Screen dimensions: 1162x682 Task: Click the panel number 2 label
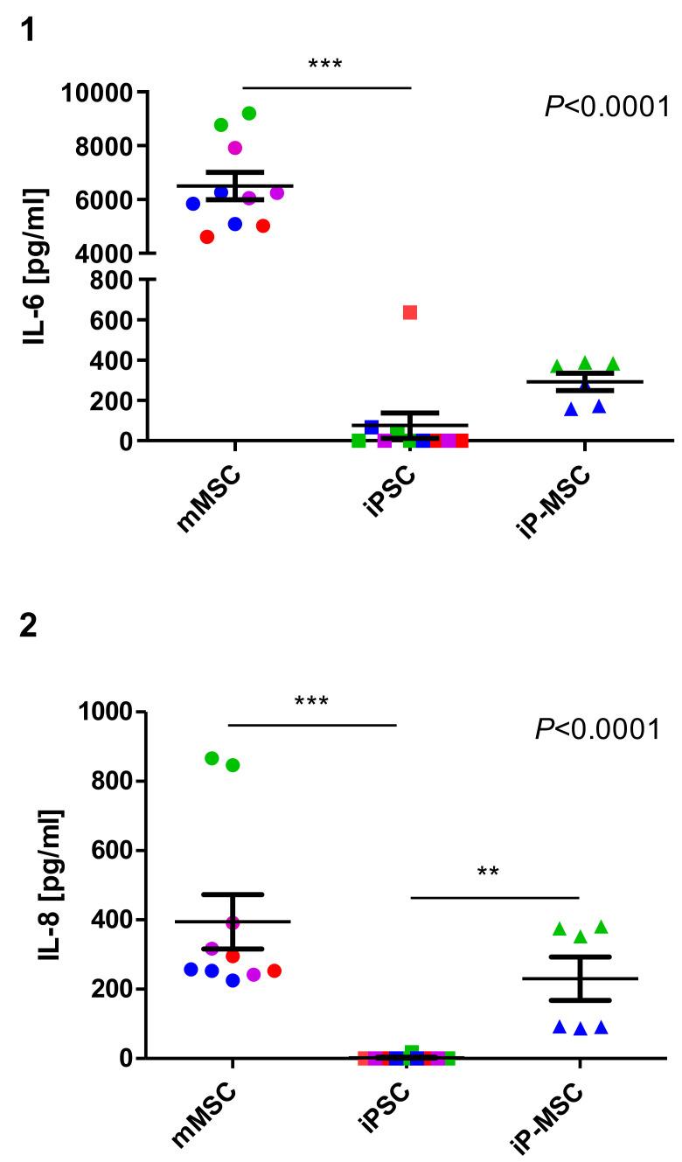click(28, 628)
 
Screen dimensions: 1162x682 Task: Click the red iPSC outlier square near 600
click(410, 312)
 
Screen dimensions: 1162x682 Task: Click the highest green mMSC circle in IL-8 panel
click(212, 758)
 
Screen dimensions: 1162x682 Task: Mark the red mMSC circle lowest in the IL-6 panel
click(207, 237)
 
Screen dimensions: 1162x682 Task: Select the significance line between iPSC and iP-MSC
click(494, 897)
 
